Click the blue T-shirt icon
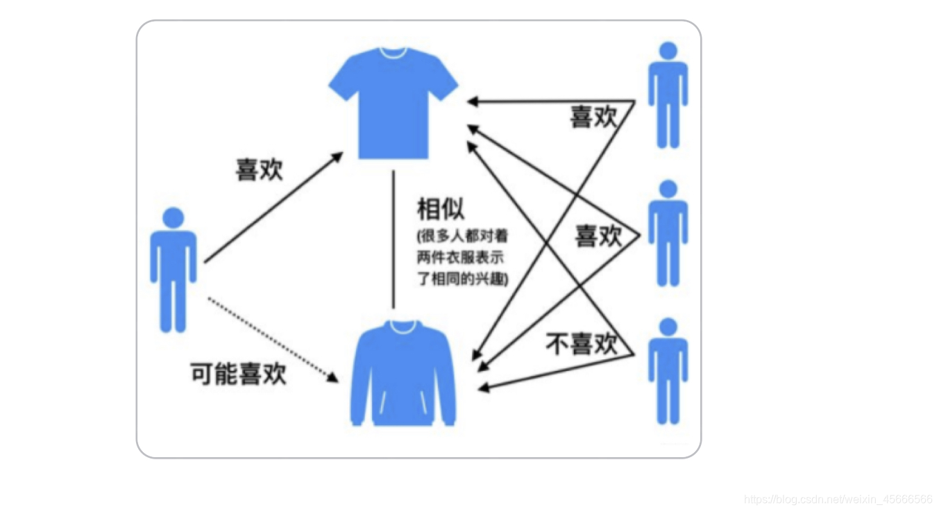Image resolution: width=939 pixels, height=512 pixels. tap(393, 104)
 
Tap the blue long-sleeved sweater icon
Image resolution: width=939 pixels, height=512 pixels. tap(403, 375)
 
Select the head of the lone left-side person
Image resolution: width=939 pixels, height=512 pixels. tap(173, 218)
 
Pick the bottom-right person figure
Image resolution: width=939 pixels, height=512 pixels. tap(668, 371)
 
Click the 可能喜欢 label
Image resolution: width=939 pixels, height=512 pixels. tap(238, 374)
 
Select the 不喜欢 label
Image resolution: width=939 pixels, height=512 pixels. tap(582, 344)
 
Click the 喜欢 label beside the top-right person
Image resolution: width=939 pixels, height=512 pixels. tap(593, 117)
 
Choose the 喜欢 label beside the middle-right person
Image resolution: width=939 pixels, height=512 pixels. tap(598, 237)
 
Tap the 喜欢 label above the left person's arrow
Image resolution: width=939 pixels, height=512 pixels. tap(260, 170)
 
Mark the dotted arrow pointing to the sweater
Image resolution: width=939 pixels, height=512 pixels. tap(271, 339)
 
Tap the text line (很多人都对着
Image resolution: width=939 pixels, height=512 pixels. tap(462, 236)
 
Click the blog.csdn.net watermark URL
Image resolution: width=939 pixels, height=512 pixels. tap(838, 499)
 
